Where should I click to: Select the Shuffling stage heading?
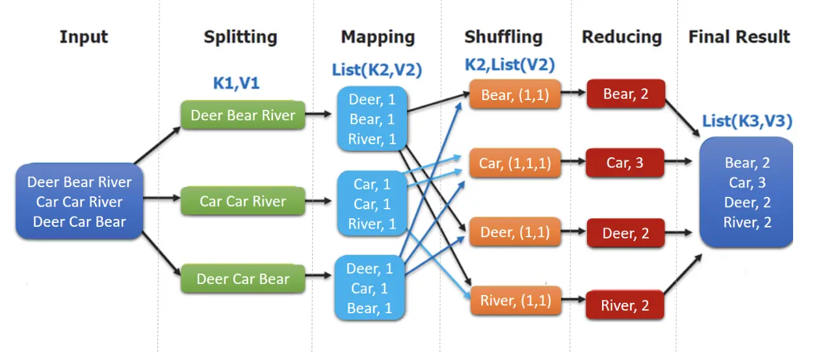click(x=503, y=37)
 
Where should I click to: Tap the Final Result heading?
click(x=739, y=37)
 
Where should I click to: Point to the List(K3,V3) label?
click(x=747, y=121)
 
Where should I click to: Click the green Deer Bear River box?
click(x=242, y=115)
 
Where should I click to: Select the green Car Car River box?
click(x=242, y=201)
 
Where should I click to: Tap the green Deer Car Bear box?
click(x=242, y=279)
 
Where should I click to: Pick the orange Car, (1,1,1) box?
click(x=514, y=163)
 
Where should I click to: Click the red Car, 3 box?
click(x=625, y=162)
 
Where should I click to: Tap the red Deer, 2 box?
click(x=625, y=233)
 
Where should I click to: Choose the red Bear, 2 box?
click(x=625, y=94)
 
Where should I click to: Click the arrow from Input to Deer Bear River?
click(x=158, y=144)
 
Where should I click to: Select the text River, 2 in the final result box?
click(x=747, y=223)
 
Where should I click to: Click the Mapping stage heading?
click(x=378, y=37)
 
